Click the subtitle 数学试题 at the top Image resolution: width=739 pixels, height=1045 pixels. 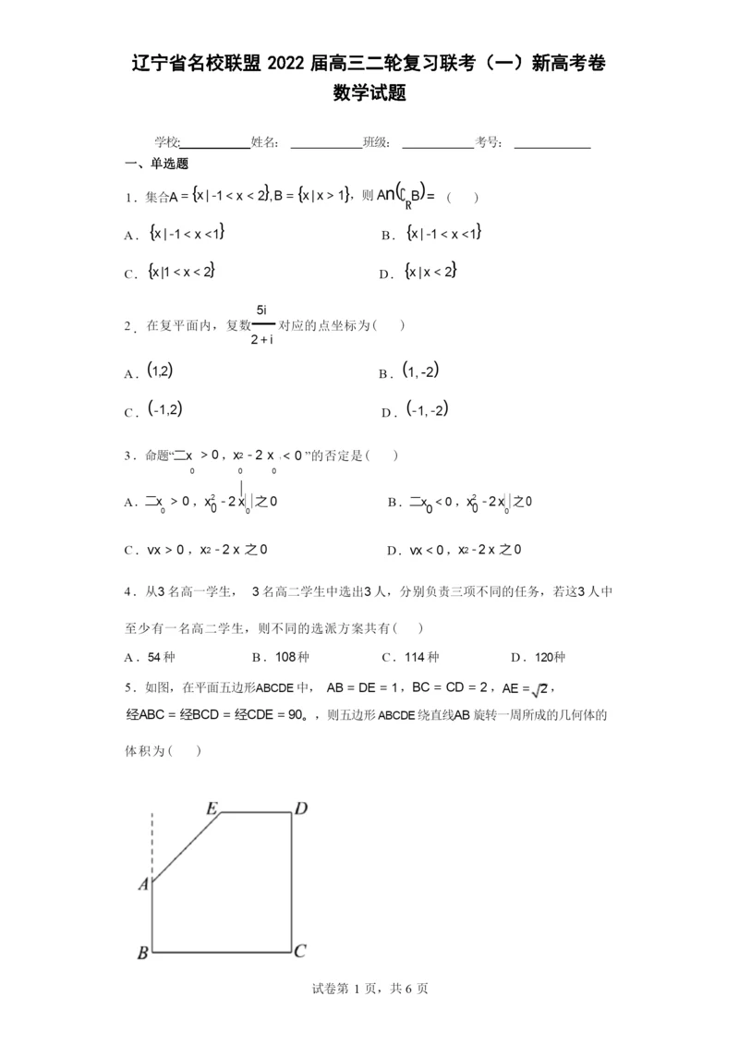tap(369, 93)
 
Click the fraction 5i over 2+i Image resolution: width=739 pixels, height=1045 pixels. tap(262, 324)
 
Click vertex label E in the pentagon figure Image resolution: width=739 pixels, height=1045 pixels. tap(212, 809)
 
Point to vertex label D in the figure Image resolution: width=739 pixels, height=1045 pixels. tap(300, 809)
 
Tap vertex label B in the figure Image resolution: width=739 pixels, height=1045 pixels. tap(142, 953)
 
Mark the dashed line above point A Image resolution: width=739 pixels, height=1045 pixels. tap(152, 845)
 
